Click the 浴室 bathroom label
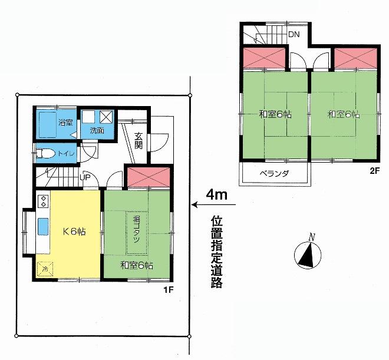tap(65, 123)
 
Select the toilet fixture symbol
tap(48, 154)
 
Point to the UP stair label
tap(85, 177)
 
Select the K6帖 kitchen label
tap(74, 231)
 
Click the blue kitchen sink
tap(44, 226)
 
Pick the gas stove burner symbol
tap(43, 202)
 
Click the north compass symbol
tap(306, 255)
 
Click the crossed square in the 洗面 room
tap(106, 116)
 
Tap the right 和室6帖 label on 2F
tap(343, 114)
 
